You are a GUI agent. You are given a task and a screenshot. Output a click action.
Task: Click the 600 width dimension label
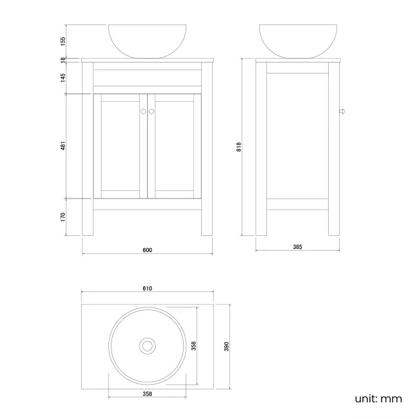pos(147,250)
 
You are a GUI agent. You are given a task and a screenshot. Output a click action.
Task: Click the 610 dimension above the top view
pos(147,288)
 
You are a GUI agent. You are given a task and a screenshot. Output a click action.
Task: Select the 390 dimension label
pos(226,346)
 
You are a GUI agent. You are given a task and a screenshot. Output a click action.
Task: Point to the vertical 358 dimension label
pos(193,346)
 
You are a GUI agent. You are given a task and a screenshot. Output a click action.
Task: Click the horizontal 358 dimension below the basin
pos(147,393)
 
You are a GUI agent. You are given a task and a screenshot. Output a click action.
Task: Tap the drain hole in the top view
pos(147,346)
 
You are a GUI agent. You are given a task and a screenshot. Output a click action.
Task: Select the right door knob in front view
pos(152,112)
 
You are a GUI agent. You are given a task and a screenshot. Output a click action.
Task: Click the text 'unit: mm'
pos(378,399)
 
